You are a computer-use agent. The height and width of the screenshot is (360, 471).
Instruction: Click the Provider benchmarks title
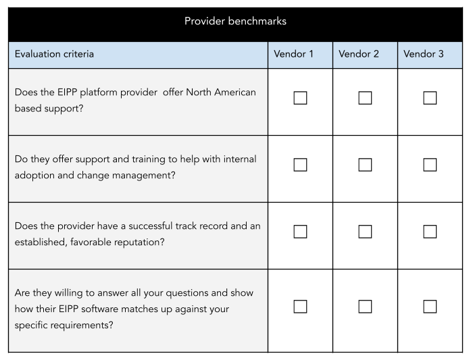click(x=235, y=21)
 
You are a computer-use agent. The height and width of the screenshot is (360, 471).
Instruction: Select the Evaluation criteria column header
click(x=54, y=54)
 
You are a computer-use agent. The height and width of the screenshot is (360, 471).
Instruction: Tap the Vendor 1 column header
click(x=293, y=54)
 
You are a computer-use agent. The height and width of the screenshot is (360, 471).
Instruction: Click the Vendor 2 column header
click(x=359, y=54)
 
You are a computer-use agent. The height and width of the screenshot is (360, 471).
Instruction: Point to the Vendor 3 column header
click(x=424, y=54)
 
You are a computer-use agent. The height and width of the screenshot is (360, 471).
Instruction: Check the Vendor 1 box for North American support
click(x=300, y=98)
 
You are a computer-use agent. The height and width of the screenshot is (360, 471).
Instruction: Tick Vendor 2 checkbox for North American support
click(x=365, y=98)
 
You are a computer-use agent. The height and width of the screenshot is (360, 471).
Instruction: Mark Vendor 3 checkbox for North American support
click(x=430, y=98)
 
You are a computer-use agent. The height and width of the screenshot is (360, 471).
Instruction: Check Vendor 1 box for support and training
click(x=300, y=165)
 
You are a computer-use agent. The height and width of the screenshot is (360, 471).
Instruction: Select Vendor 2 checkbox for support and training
click(x=365, y=165)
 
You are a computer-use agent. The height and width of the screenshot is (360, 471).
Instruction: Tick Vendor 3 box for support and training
click(x=430, y=165)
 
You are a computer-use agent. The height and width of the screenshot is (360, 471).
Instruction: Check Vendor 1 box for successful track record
click(x=300, y=232)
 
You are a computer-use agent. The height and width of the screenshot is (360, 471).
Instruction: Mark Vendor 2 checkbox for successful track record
click(x=365, y=232)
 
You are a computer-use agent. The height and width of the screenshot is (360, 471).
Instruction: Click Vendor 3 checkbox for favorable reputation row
click(x=430, y=232)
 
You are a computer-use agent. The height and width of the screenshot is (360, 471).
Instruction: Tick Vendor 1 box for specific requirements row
click(x=300, y=307)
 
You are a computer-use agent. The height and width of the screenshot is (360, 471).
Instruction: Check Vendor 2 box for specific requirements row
click(x=365, y=307)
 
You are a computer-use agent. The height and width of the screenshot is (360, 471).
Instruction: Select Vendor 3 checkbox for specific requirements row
click(x=430, y=307)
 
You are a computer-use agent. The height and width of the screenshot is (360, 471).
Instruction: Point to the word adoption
click(x=34, y=176)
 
